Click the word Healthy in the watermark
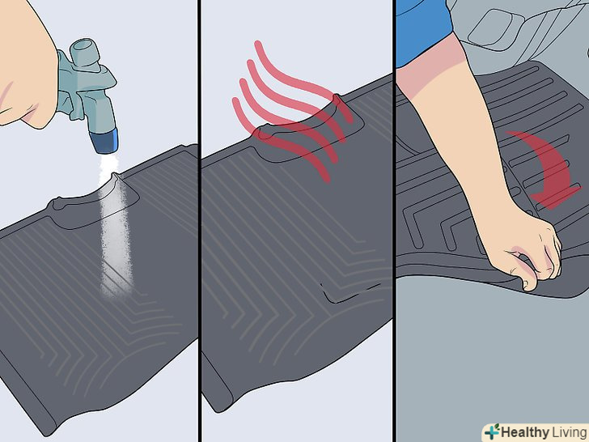(524, 432)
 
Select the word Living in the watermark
(570, 432)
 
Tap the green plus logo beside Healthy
(492, 431)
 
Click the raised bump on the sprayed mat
(94, 199)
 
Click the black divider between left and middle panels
(200, 221)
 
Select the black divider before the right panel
(395, 221)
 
